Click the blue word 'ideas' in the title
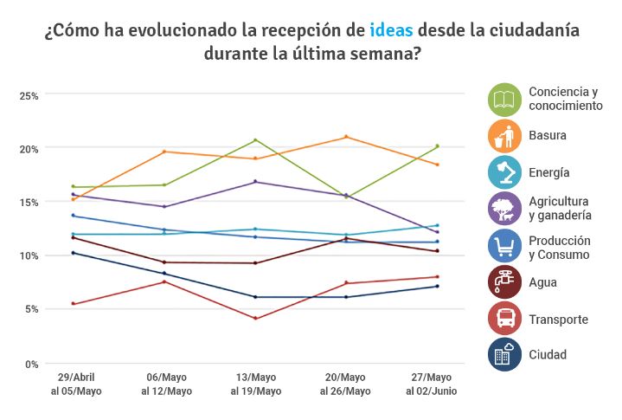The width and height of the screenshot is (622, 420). tap(390, 30)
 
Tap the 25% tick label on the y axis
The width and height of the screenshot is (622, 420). tap(29, 94)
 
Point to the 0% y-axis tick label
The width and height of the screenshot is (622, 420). tap(32, 364)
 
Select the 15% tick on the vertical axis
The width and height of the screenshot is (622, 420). tap(29, 202)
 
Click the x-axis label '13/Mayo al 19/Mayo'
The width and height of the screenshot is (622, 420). tap(255, 384)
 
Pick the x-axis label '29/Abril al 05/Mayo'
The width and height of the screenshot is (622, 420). tap(75, 384)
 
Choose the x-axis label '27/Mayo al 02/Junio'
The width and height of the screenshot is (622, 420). tap(432, 384)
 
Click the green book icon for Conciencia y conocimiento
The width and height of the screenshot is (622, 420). tap(503, 99)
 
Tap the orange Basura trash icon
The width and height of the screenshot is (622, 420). tap(503, 135)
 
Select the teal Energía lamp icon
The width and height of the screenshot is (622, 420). tap(503, 172)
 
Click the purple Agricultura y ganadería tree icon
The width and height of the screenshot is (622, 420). tap(503, 208)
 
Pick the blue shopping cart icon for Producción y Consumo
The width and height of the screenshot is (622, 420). tap(503, 246)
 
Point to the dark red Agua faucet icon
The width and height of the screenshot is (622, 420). tap(503, 282)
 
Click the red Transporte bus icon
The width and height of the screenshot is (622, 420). tap(503, 319)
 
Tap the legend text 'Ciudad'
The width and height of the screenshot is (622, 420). tap(547, 355)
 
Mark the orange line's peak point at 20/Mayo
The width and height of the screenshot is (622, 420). tap(346, 137)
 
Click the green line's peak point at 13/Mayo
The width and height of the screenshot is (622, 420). tap(255, 140)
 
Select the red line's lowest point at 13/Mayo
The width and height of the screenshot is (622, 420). tap(255, 319)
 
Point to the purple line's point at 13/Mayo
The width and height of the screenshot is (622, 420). tap(255, 182)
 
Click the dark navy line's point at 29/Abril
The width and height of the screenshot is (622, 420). tap(74, 253)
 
